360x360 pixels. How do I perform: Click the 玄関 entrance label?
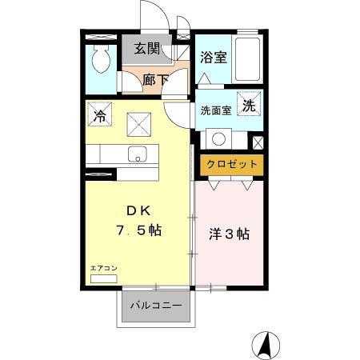pyautogui.click(x=146, y=49)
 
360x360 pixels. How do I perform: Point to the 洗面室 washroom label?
pyautogui.click(x=215, y=110)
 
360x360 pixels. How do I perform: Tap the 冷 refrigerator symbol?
pyautogui.click(x=100, y=114)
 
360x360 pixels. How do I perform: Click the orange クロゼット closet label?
pyautogui.click(x=232, y=164)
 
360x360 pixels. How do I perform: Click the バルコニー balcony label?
pyautogui.click(x=156, y=305)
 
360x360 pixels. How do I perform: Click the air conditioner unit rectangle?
pyautogui.click(x=103, y=278)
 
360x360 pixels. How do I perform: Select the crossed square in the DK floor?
pyautogui.click(x=140, y=124)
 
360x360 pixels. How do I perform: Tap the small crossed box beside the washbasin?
pyautogui.click(x=258, y=142)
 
